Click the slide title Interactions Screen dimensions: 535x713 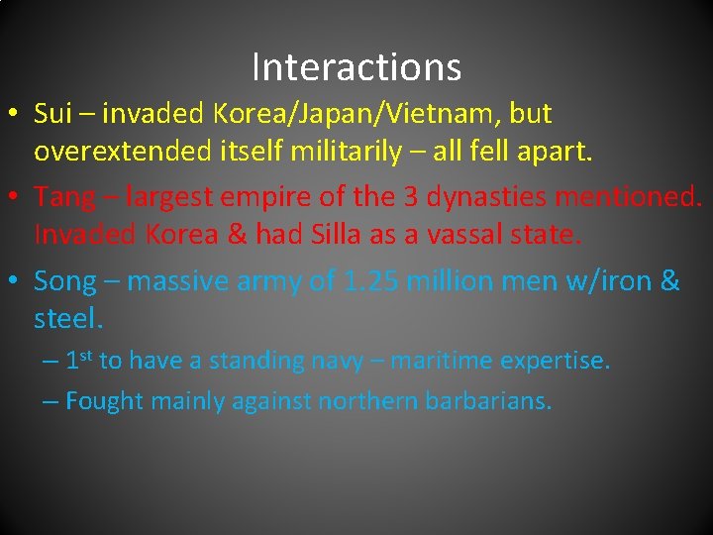coord(356,67)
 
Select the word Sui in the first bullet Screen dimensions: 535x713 coord(51,114)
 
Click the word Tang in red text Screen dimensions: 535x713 coord(61,197)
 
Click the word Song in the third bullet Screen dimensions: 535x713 coord(64,281)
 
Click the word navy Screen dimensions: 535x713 coord(337,361)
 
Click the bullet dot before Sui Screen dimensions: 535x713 coord(18,116)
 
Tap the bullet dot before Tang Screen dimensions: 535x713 coord(18,198)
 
